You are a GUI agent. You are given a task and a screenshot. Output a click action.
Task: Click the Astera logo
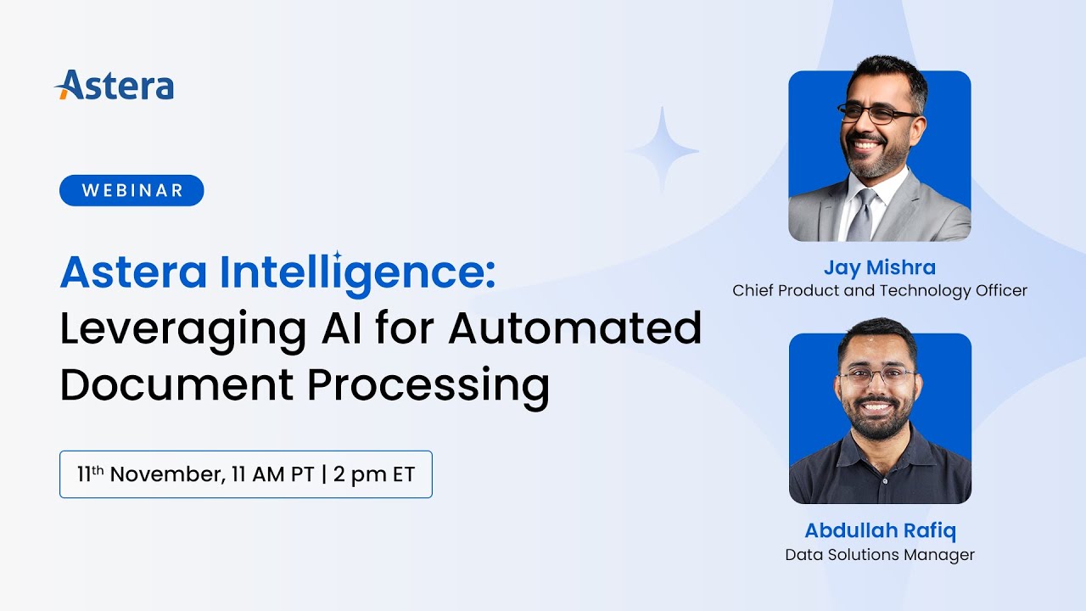pos(115,86)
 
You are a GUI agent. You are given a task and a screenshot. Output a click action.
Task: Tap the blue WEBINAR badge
pos(132,190)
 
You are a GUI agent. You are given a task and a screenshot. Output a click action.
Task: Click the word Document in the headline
pos(175,384)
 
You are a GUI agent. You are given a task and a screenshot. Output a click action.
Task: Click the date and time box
pos(245,474)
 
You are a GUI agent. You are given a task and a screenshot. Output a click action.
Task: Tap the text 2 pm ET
pos(374,474)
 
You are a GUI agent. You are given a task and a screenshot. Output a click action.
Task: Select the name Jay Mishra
pos(879,268)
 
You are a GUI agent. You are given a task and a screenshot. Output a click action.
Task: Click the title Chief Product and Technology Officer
pos(880,291)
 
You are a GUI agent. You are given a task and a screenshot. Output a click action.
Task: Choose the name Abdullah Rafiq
pos(880,531)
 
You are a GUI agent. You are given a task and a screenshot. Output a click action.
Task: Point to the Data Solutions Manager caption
pos(880,555)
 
